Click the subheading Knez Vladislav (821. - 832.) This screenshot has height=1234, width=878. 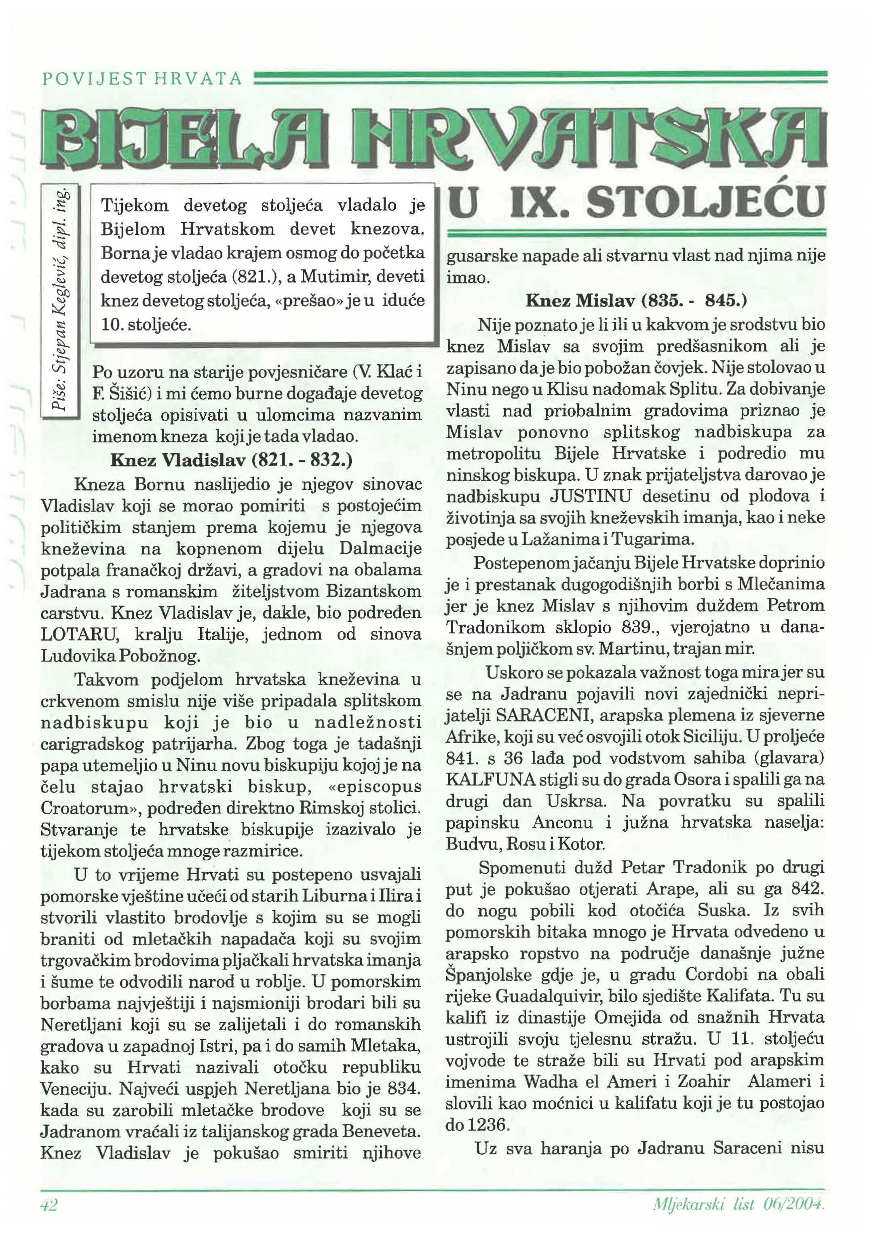231,460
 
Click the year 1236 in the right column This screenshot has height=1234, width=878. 489,1125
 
